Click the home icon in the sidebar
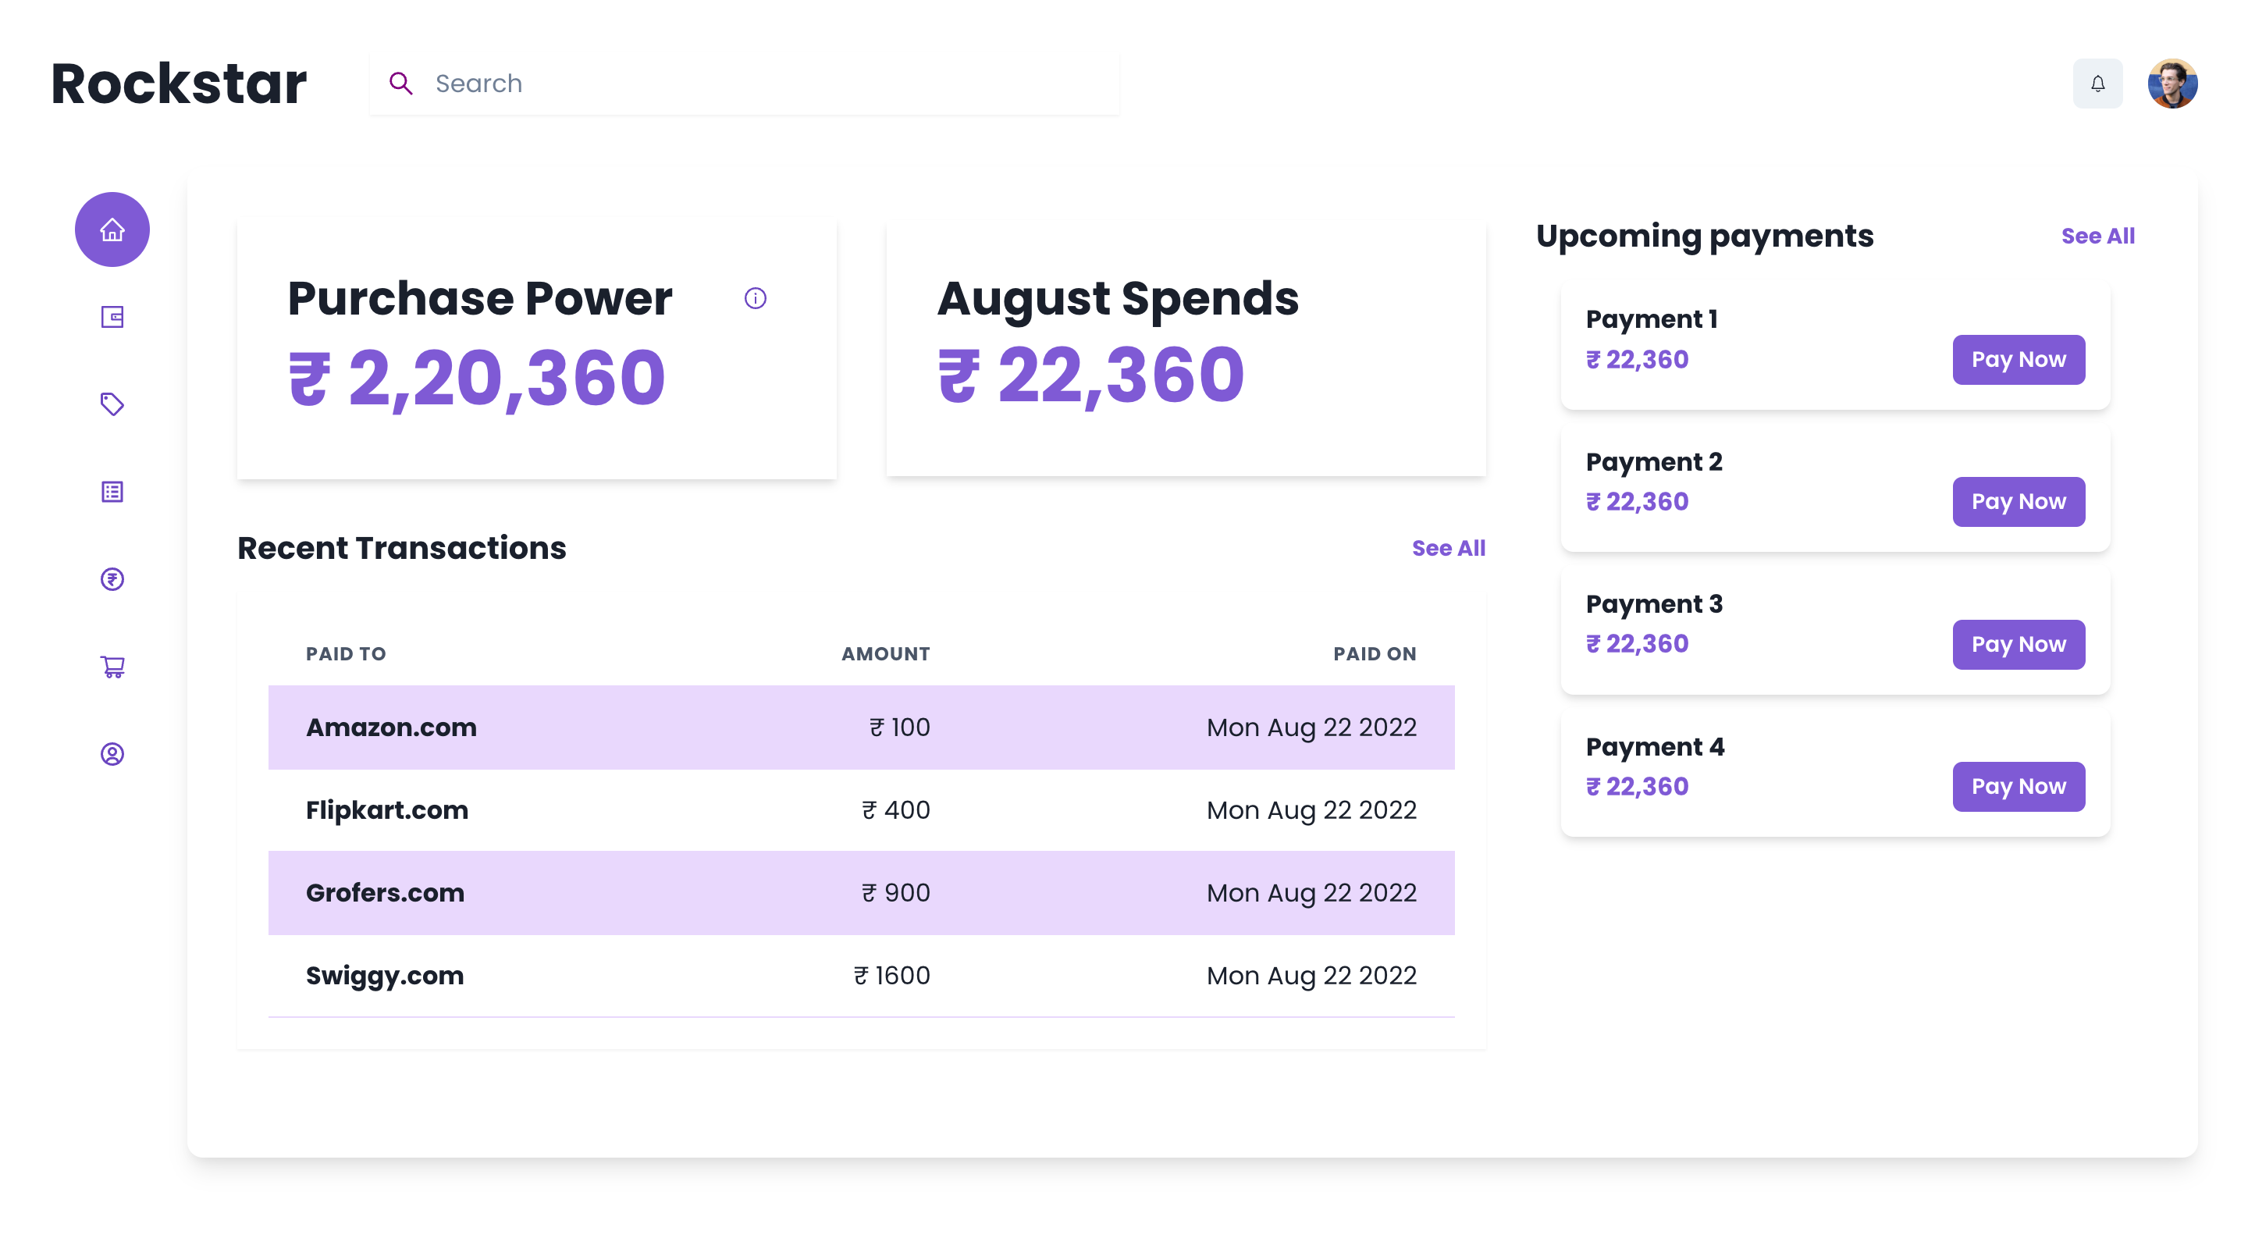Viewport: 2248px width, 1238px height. coord(112,229)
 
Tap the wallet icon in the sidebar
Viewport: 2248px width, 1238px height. coord(112,317)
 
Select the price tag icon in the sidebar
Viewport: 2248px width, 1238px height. coord(112,404)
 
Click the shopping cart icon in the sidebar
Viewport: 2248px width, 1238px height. coord(112,667)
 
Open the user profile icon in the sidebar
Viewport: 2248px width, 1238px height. coord(112,754)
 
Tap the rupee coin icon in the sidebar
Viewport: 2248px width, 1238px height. coord(112,579)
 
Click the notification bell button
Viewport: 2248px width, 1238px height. coord(2097,84)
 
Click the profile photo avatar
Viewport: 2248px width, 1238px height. coord(2172,84)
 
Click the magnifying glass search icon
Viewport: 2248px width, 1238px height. coord(400,84)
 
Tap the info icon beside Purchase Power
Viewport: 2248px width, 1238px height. coord(755,298)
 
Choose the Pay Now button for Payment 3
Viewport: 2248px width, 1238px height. coord(2018,645)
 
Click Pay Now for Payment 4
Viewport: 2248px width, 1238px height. coord(2018,787)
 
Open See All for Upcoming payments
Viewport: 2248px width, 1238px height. coord(2097,237)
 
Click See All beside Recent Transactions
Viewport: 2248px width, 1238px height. coord(1448,549)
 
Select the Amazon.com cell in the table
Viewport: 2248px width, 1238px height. coord(391,728)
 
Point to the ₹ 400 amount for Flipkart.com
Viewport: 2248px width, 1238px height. coord(895,810)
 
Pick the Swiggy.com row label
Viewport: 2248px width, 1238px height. coord(384,976)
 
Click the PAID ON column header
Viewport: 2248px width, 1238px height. coord(1374,654)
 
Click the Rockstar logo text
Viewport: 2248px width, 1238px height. coord(179,84)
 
